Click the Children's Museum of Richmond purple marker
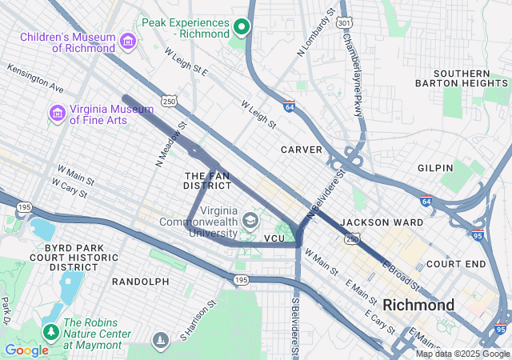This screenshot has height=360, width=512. pos(127,41)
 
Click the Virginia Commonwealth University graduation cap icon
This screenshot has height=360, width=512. pos(250,219)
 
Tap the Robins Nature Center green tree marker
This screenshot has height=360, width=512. pos(52,331)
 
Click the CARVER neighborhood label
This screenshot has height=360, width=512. pos(301,150)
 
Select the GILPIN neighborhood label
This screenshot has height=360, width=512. pos(435,168)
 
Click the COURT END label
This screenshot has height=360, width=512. pos(456,263)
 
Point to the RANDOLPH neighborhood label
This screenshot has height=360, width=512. pos(140,282)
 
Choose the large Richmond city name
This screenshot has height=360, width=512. pos(418,305)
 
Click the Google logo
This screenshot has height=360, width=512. pos(26,350)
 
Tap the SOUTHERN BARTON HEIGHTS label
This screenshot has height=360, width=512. pos(462,78)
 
